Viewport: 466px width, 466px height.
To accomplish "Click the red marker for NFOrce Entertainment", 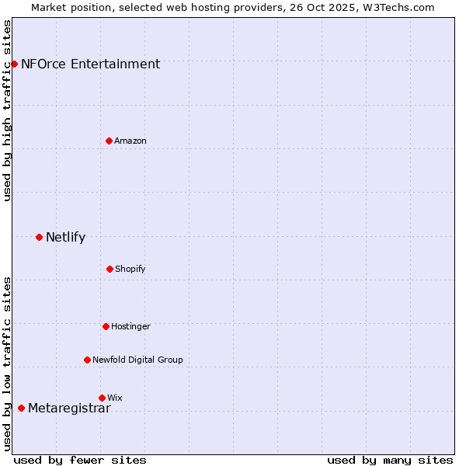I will (x=14, y=64).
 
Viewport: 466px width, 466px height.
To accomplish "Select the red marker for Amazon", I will (x=110, y=141).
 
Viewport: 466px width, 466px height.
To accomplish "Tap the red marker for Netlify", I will (x=39, y=237).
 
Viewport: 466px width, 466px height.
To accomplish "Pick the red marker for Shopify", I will (x=110, y=269).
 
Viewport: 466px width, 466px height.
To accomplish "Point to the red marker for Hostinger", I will (x=106, y=326).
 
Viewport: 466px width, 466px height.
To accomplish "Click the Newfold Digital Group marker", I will (x=87, y=360).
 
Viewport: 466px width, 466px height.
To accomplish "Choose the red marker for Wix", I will (x=102, y=398).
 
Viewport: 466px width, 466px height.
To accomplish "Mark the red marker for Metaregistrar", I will (x=21, y=408).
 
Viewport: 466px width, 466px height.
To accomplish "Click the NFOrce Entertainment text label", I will (x=90, y=64).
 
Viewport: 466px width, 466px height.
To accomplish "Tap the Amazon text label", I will (x=130, y=141).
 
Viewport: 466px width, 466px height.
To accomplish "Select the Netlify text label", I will (x=65, y=238).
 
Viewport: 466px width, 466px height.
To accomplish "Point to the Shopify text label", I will (x=130, y=270).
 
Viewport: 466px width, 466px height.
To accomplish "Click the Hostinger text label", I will (x=130, y=327).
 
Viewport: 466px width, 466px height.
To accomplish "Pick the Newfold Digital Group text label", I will (x=137, y=360).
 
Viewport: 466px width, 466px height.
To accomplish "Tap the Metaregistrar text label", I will (x=69, y=409).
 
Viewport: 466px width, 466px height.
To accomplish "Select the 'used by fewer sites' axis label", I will (x=80, y=460).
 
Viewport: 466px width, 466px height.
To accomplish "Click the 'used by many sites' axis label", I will (x=390, y=460).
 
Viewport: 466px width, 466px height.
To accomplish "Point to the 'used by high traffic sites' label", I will (x=7, y=111).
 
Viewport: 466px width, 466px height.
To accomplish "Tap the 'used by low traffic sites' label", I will (x=7, y=363).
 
